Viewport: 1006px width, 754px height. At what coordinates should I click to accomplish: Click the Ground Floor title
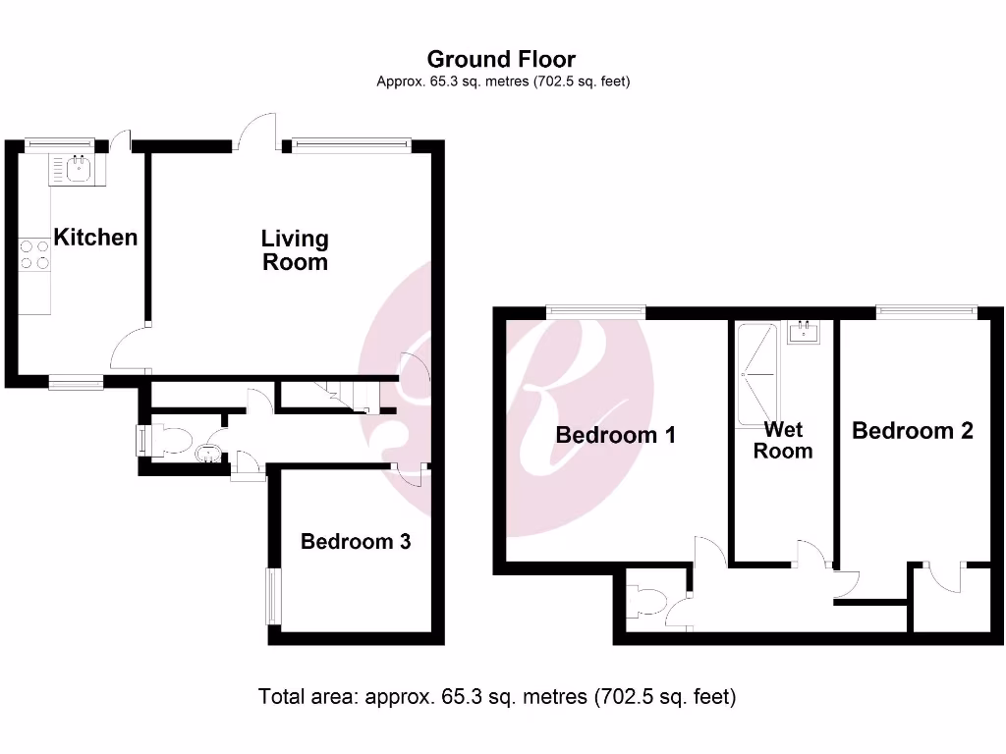[501, 60]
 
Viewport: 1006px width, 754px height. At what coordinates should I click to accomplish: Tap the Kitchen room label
[95, 238]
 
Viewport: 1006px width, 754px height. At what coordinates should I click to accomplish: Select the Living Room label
[295, 250]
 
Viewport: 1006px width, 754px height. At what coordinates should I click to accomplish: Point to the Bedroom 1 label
[615, 435]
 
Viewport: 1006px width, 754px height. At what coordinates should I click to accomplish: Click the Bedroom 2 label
[913, 431]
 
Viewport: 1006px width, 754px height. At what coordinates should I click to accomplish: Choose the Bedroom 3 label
[356, 542]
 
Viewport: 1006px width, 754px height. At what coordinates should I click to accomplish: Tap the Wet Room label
[783, 441]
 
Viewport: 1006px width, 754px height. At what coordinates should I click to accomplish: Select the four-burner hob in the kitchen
[34, 255]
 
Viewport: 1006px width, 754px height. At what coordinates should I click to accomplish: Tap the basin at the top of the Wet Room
[806, 332]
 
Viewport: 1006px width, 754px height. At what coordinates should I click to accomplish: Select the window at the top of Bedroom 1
[596, 312]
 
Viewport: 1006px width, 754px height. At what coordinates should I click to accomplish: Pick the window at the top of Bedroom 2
[927, 312]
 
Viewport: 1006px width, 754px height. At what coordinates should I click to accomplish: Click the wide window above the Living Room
[350, 146]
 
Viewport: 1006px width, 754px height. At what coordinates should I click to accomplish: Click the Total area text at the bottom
[497, 698]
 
